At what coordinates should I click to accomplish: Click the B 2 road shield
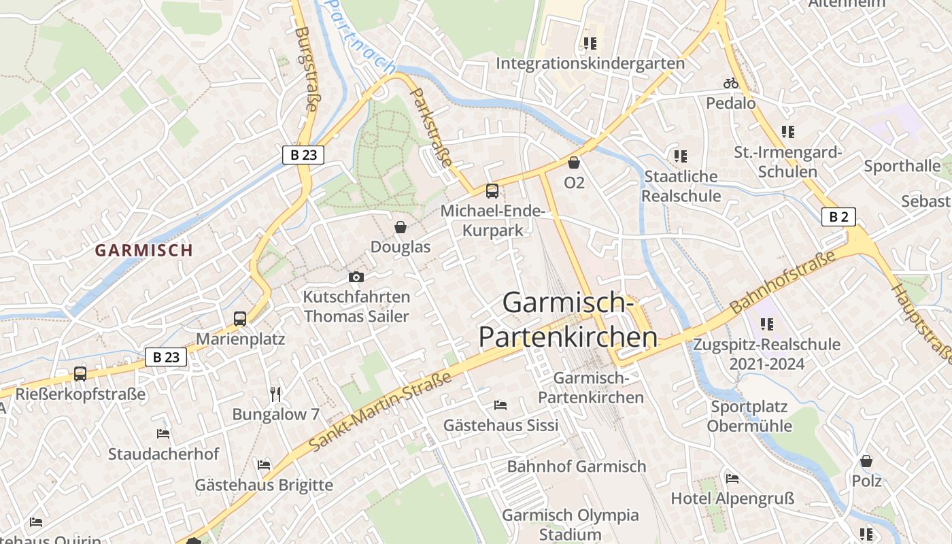click(838, 217)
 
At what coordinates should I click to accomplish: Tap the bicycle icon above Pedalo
click(731, 84)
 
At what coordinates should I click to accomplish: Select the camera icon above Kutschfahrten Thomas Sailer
click(356, 277)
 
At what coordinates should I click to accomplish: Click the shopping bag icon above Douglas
click(401, 226)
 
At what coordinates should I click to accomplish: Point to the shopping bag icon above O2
click(574, 163)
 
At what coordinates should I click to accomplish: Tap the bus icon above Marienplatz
click(239, 318)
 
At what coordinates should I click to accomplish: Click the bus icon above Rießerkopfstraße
click(80, 373)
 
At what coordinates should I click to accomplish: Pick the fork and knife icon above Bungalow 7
click(275, 394)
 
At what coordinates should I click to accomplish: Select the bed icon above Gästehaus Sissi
click(500, 405)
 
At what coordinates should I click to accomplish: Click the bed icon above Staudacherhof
click(163, 433)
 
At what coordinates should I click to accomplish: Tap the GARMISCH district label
click(144, 250)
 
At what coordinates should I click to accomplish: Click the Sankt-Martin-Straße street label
click(381, 411)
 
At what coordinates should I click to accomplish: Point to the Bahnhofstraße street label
click(782, 283)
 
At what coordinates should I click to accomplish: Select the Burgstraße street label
click(307, 68)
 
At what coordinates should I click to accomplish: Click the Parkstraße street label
click(432, 128)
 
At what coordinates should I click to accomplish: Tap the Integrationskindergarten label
click(590, 63)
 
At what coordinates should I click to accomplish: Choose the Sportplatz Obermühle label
click(749, 416)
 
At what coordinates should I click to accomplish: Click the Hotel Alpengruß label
click(732, 498)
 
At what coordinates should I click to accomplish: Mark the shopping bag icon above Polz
click(866, 461)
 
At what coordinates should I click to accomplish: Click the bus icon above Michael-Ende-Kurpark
click(492, 191)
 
